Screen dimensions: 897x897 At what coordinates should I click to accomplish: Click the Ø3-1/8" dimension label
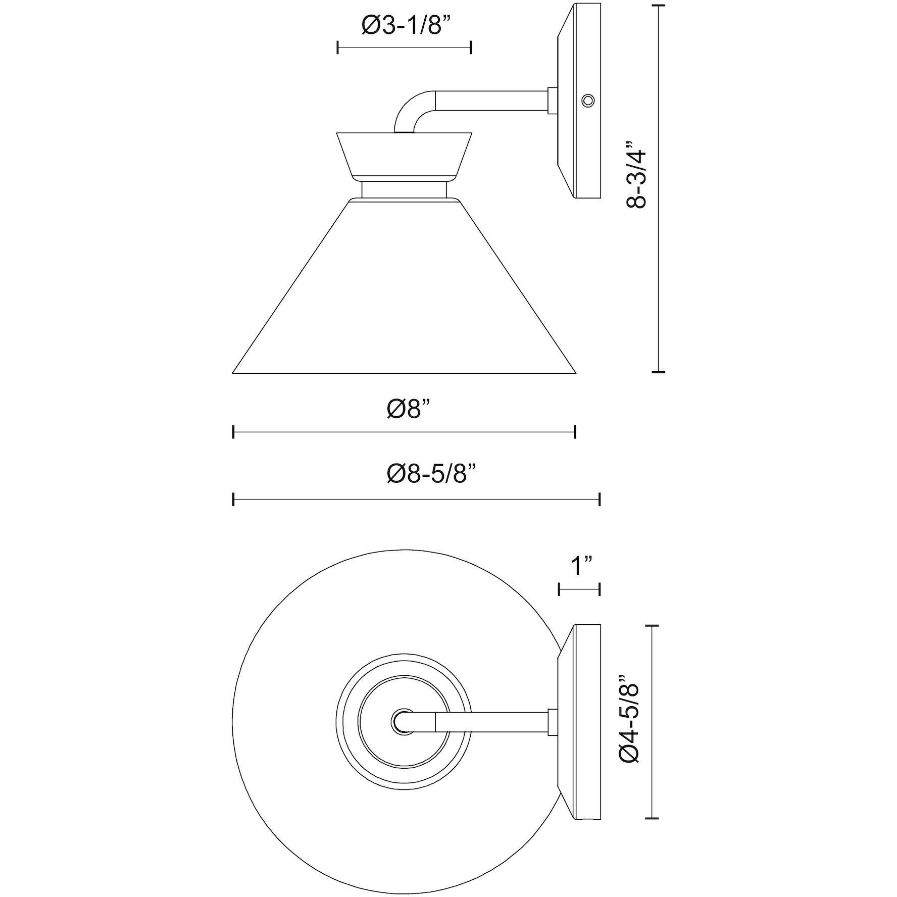click(405, 26)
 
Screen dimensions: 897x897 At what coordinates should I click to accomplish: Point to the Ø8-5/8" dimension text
click(432, 475)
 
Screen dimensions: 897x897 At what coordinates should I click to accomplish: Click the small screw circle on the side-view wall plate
click(587, 101)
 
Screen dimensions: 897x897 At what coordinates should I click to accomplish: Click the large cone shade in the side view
click(404, 286)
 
